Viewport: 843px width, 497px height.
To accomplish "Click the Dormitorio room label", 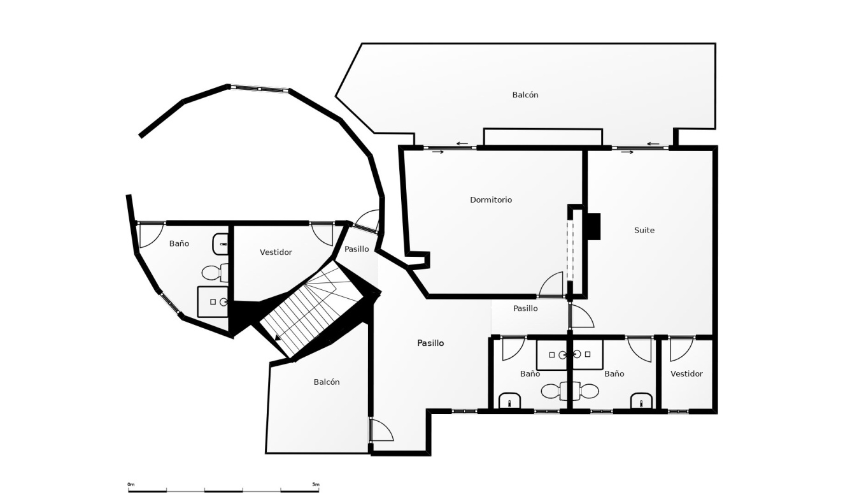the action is [491, 199].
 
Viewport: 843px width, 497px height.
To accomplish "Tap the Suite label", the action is [644, 230].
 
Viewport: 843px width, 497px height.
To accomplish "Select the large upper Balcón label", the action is [525, 95].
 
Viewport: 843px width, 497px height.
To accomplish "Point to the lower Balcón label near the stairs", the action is [327, 382].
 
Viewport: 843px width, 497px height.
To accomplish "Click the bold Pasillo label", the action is [430, 343].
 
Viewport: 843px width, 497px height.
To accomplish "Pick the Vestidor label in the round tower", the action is [276, 252].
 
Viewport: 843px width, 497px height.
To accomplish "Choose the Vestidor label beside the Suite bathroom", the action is [686, 374].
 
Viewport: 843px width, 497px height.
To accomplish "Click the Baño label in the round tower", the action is [179, 243].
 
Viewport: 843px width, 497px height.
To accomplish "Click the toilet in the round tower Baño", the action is [215, 273].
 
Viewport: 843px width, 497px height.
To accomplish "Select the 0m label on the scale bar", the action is [131, 484].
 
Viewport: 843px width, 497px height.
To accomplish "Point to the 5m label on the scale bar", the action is [316, 484].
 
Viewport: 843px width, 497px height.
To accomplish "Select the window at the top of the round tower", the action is [259, 89].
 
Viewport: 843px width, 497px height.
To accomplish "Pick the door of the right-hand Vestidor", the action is [681, 349].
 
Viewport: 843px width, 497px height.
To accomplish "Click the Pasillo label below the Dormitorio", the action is [525, 308].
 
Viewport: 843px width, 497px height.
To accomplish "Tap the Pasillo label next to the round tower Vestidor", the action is [357, 249].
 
